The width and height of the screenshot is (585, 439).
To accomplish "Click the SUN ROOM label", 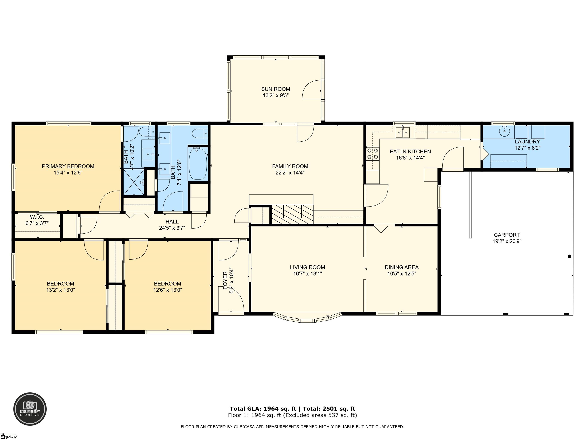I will (275, 89).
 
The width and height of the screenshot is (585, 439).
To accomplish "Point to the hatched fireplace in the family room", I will (292, 214).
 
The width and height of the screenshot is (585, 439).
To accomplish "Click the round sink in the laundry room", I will (504, 131).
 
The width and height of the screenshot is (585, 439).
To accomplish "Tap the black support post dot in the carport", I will (569, 256).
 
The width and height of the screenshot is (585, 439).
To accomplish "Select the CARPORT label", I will (507, 235).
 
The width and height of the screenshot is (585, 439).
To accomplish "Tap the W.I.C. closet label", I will (37, 217).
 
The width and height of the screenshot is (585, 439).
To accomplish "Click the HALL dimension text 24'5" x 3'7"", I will (172, 228).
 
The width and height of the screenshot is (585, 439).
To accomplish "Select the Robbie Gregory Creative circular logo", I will (30, 409).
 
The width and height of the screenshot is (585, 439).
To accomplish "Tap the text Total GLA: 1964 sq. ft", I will (263, 409).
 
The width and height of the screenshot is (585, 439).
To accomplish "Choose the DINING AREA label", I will (401, 267).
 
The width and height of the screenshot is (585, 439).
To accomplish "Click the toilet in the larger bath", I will (200, 133).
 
